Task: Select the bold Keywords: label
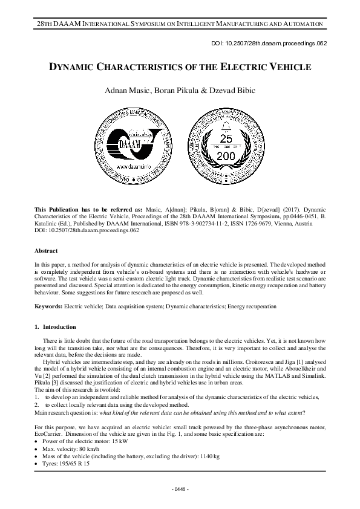(x=49, y=307)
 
